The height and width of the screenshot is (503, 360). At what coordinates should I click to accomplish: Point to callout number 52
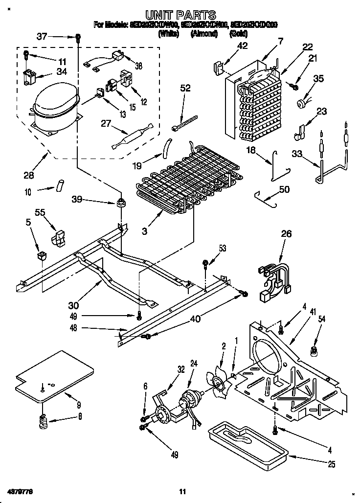[185, 89]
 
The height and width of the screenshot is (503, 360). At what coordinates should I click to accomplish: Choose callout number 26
[286, 234]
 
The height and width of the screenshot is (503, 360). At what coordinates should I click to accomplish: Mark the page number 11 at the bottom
[182, 491]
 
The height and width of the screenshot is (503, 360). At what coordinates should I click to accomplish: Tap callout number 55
[40, 212]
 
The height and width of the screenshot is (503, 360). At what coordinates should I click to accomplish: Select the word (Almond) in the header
[205, 35]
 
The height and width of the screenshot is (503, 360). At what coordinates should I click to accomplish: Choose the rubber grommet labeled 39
[120, 202]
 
